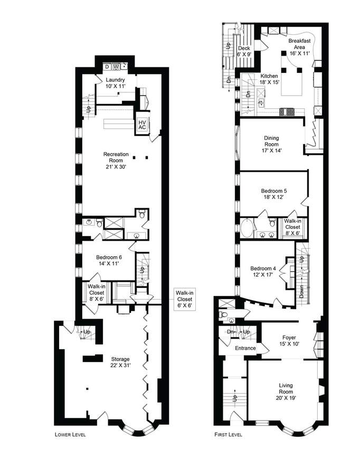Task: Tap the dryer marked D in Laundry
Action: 107,67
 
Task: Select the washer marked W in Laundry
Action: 116,67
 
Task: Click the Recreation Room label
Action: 116,161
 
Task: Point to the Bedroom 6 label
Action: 109,260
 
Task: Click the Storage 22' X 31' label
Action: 120,362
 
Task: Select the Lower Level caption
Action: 70,434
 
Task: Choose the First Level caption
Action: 228,434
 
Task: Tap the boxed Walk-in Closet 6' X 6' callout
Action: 184,299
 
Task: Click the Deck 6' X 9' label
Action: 244,51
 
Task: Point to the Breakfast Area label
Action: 299,47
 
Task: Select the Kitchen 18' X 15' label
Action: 269,79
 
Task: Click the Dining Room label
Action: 271,144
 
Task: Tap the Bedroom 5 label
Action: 274,194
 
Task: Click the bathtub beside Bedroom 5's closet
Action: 248,228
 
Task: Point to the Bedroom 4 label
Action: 263,272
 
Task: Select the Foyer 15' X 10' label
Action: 289,341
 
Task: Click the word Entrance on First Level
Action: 245,348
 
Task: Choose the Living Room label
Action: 286,392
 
